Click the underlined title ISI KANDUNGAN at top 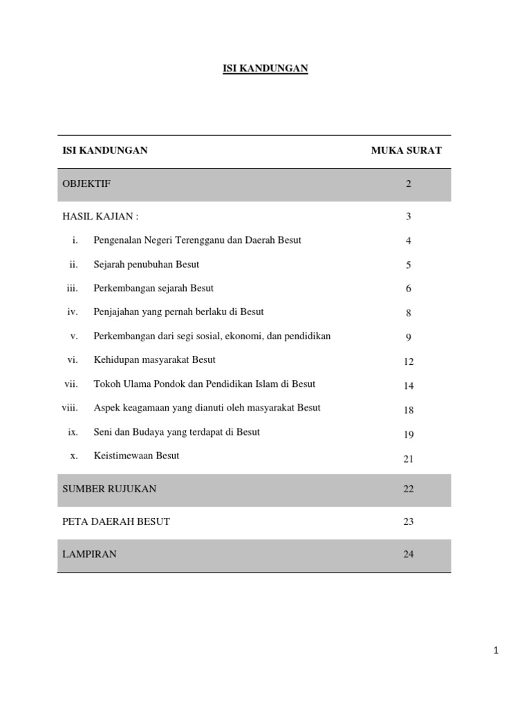tap(265, 68)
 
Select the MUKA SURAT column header tap(406, 150)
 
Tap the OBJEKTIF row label tap(86, 183)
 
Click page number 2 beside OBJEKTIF tap(409, 184)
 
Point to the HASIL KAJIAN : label tap(100, 216)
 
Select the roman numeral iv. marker tap(73, 312)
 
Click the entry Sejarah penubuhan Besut tap(146, 264)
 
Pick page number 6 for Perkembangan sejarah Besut tap(409, 289)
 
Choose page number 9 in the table tap(409, 337)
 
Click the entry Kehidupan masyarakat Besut tap(154, 360)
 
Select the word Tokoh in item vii tap(106, 384)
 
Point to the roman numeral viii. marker tap(70, 408)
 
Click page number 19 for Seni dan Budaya tap(409, 435)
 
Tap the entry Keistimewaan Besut tap(136, 456)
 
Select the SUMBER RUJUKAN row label tap(109, 489)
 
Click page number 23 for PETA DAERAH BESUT tap(409, 521)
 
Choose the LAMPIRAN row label tap(89, 554)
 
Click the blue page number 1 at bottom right tap(496, 650)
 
